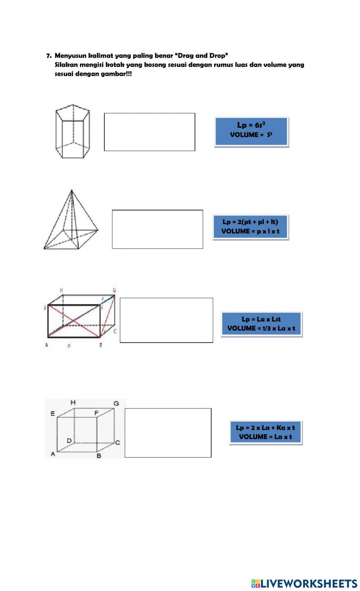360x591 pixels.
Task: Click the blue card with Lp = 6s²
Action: (251, 132)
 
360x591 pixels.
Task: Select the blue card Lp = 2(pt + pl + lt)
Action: (251, 227)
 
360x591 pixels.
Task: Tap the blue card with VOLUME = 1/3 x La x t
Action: (261, 324)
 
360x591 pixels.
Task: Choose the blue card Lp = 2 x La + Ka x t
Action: (265, 432)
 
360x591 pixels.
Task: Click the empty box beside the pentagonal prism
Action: (149, 132)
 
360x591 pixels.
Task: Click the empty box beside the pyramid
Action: (157, 229)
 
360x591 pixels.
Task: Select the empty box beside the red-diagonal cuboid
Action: (166, 320)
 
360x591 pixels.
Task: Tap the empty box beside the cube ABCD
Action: (168, 433)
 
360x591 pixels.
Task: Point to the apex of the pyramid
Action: (72, 190)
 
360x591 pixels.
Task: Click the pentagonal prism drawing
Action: (73, 131)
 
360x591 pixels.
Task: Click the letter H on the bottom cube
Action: (73, 403)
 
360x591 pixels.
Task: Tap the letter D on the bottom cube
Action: (69, 440)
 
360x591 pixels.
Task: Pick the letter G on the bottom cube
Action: (116, 403)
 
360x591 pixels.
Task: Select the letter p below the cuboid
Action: (69, 346)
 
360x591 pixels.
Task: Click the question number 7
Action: (49, 56)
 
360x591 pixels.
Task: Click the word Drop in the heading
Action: (218, 56)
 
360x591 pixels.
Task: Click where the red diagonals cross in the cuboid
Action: (74, 321)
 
